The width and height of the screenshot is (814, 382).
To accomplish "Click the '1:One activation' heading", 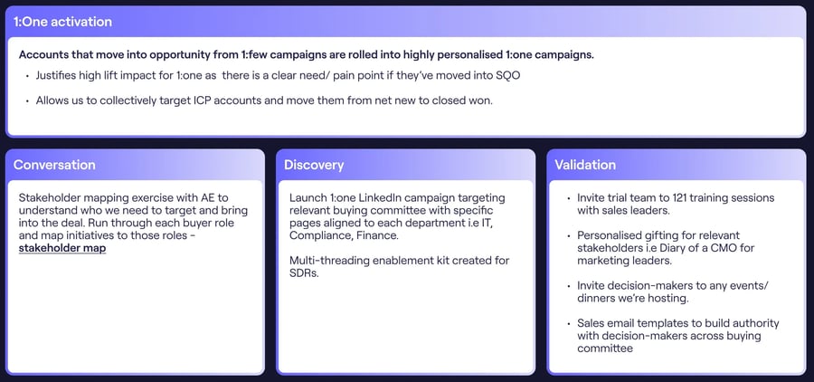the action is pyautogui.click(x=62, y=22).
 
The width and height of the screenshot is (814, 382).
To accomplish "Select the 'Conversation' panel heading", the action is pyautogui.click(x=54, y=165).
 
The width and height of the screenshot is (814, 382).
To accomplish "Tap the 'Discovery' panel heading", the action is pyautogui.click(x=314, y=165).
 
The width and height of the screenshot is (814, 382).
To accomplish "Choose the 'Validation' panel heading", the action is pyautogui.click(x=585, y=165).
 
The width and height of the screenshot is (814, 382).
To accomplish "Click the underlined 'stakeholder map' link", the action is pyautogui.click(x=62, y=248).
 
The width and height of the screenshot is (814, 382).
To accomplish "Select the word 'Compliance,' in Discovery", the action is pyautogui.click(x=317, y=235).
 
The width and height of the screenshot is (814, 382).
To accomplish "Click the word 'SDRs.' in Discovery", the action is pyautogui.click(x=304, y=272).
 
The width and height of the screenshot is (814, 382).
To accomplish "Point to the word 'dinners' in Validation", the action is pyautogui.click(x=595, y=299).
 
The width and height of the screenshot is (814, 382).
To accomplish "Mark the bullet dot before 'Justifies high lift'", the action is pyautogui.click(x=27, y=76).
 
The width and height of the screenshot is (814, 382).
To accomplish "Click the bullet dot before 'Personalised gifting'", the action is pyautogui.click(x=569, y=236).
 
